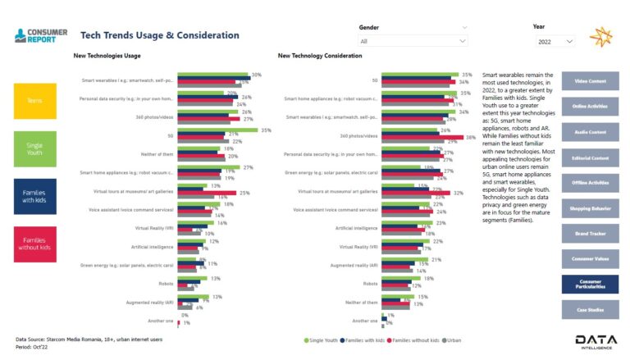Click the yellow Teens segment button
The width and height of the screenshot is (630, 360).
pos(35,101)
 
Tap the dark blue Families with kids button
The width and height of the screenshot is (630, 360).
pos(35,197)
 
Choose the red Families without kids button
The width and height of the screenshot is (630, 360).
pos(35,244)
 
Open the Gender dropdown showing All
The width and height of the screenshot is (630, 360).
pos(413,41)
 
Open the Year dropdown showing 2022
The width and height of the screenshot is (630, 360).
pos(555,41)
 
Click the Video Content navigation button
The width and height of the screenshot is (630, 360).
pos(590,81)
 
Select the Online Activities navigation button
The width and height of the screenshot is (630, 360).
pos(590,107)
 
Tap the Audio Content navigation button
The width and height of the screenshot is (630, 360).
pos(590,132)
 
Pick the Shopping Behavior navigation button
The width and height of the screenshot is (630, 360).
pos(590,208)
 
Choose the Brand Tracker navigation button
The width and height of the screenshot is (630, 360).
pos(590,233)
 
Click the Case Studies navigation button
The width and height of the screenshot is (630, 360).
pos(590,309)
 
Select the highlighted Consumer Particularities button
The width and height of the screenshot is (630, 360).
pos(590,284)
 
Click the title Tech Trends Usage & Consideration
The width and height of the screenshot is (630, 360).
pos(160,35)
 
